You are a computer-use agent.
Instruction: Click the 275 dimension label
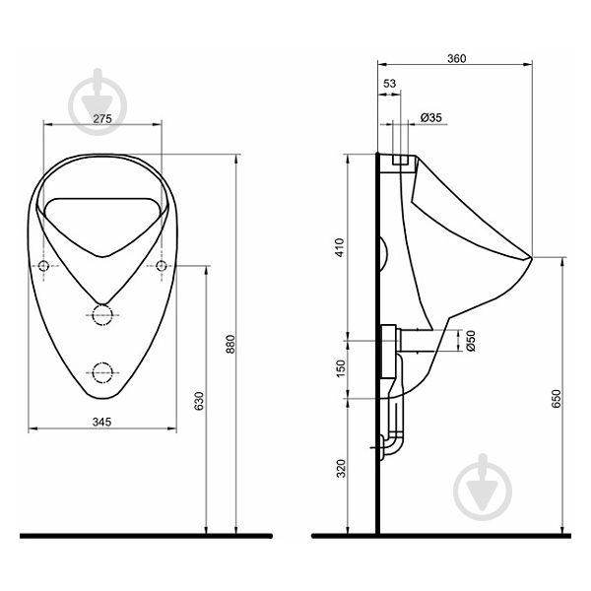pyautogui.click(x=102, y=119)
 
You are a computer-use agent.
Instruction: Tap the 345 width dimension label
pyautogui.click(x=101, y=422)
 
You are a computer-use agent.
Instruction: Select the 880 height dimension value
pyautogui.click(x=230, y=344)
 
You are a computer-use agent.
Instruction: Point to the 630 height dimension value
pyautogui.click(x=199, y=401)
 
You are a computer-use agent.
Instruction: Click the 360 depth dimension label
pyautogui.click(x=456, y=58)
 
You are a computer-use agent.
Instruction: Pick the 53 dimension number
pyautogui.click(x=389, y=84)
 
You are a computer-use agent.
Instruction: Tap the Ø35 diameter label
pyautogui.click(x=430, y=117)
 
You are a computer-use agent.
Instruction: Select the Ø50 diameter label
pyautogui.click(x=471, y=341)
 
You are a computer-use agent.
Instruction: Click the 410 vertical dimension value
pyautogui.click(x=340, y=247)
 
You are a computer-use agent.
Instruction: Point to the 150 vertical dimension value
pyautogui.click(x=341, y=368)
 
